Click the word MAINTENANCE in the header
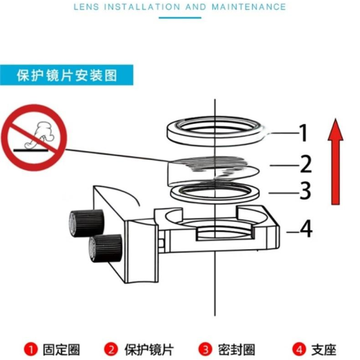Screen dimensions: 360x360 pos(249,6)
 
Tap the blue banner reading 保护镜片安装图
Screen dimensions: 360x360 pos(66,75)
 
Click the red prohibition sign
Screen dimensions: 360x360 pos(34,138)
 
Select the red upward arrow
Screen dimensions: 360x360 pos(336,161)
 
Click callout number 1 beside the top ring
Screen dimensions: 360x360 pos(303,132)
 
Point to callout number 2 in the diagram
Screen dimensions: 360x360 pos(306,164)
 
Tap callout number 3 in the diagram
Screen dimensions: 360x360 pos(305,191)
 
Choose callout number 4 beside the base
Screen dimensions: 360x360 pos(306,229)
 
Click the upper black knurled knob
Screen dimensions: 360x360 pos(86,223)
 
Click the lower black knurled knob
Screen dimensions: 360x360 pos(105,248)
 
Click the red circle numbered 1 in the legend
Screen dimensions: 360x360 pos(31,349)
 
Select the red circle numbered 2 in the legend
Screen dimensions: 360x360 pos(111,349)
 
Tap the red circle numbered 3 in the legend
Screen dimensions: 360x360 pos(205,349)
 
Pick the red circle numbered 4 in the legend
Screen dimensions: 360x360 pos(299,349)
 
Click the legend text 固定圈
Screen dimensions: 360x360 pos(61,350)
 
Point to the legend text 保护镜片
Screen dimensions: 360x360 pos(149,350)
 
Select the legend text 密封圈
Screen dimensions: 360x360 pos(236,350)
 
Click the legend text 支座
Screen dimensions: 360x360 pos(324,350)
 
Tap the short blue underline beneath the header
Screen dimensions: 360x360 pos(180,18)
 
